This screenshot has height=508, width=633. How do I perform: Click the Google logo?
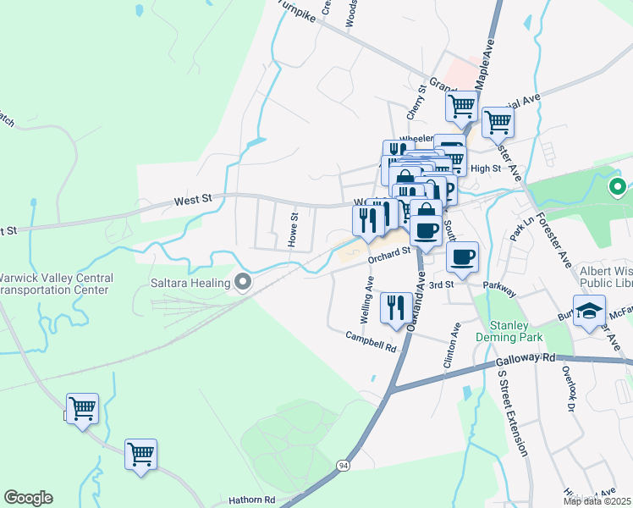pos(28,498)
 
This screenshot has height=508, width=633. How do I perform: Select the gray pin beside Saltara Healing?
pos(244,282)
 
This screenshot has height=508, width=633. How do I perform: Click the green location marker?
pos(618,186)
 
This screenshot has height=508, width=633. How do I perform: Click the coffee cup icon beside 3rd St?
pos(462,257)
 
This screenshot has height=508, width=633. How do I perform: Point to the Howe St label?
pos(294,229)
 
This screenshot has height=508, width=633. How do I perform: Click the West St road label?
pos(193,201)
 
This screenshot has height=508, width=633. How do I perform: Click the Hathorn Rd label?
pos(252,500)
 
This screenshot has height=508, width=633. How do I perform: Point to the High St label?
pos(486,168)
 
